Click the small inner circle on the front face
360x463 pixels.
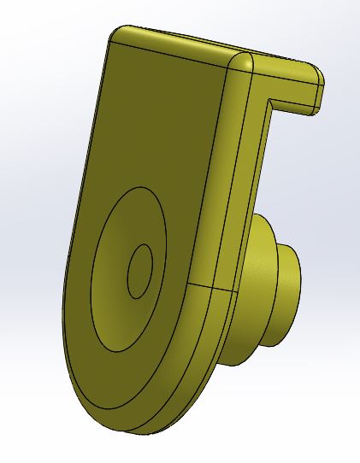click(139, 271)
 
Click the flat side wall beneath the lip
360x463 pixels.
click(253, 171)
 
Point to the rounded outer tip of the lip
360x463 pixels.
click(320, 79)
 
